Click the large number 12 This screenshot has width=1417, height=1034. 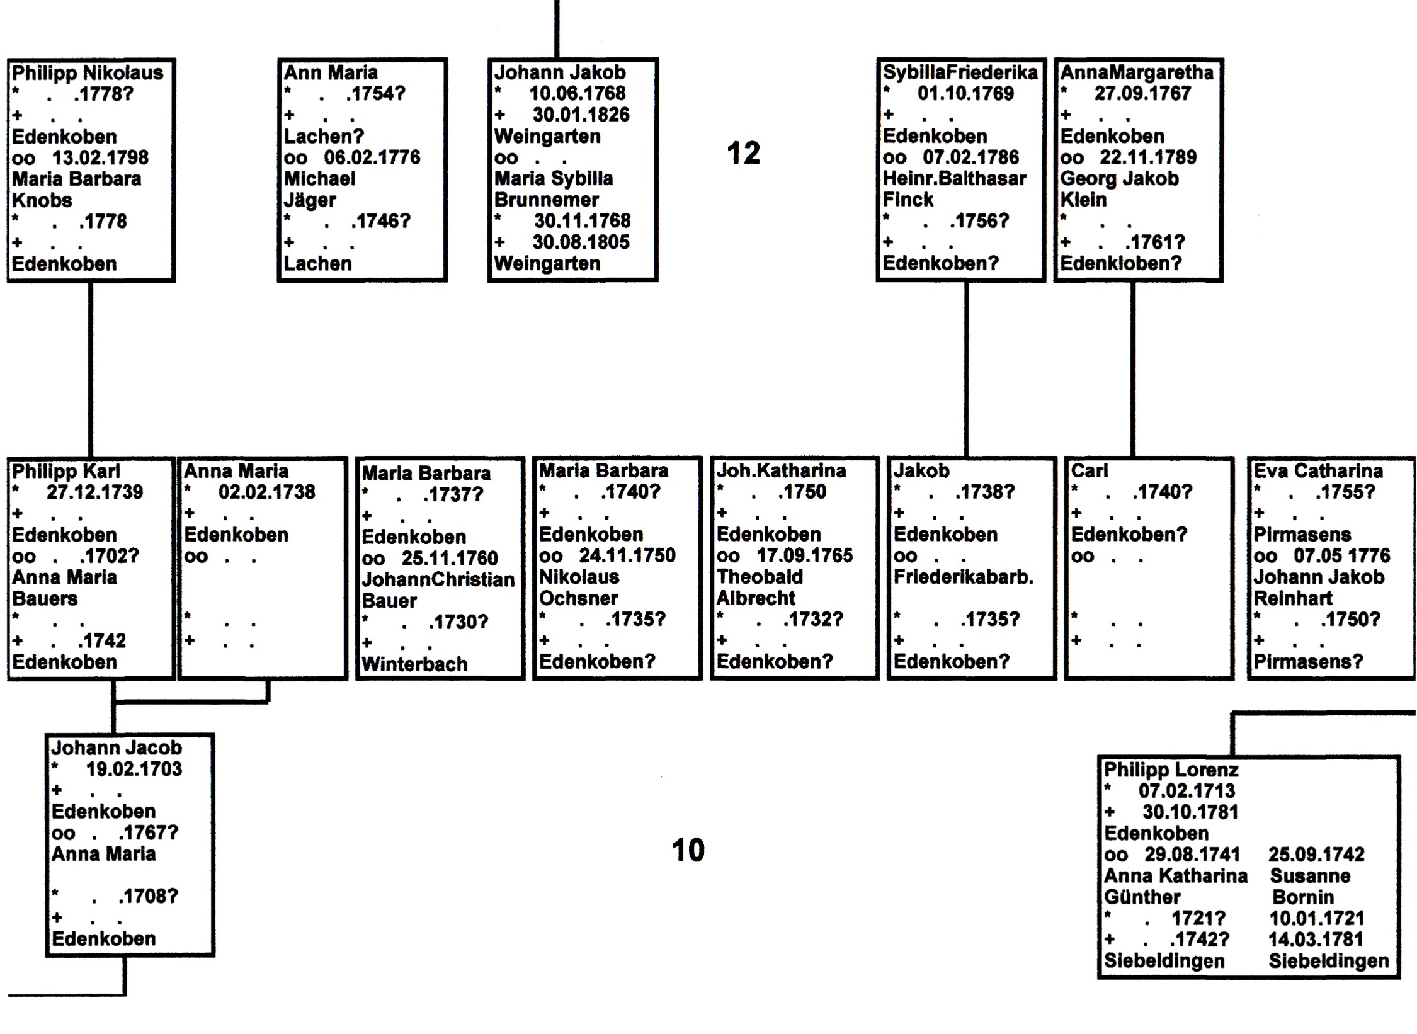(743, 153)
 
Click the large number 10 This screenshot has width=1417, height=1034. (688, 850)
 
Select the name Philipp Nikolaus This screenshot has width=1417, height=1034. (88, 73)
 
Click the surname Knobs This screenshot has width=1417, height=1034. (42, 200)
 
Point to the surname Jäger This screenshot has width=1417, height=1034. (310, 200)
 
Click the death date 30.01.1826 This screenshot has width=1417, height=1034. (581, 115)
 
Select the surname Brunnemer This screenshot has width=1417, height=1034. (547, 200)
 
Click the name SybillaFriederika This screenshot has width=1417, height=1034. (960, 72)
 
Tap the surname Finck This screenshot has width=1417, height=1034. (908, 200)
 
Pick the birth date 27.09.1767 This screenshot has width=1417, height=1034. (1142, 93)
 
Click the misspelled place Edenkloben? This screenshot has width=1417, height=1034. (1120, 263)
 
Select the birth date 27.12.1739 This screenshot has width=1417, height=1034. (94, 492)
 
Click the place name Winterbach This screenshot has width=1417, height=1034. (414, 664)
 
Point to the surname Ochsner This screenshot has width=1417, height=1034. (578, 598)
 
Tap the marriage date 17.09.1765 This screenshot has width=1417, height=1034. (804, 555)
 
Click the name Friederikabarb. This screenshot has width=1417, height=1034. (963, 577)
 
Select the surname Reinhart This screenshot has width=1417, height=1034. (1293, 598)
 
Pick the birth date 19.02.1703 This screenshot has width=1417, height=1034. (134, 769)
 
